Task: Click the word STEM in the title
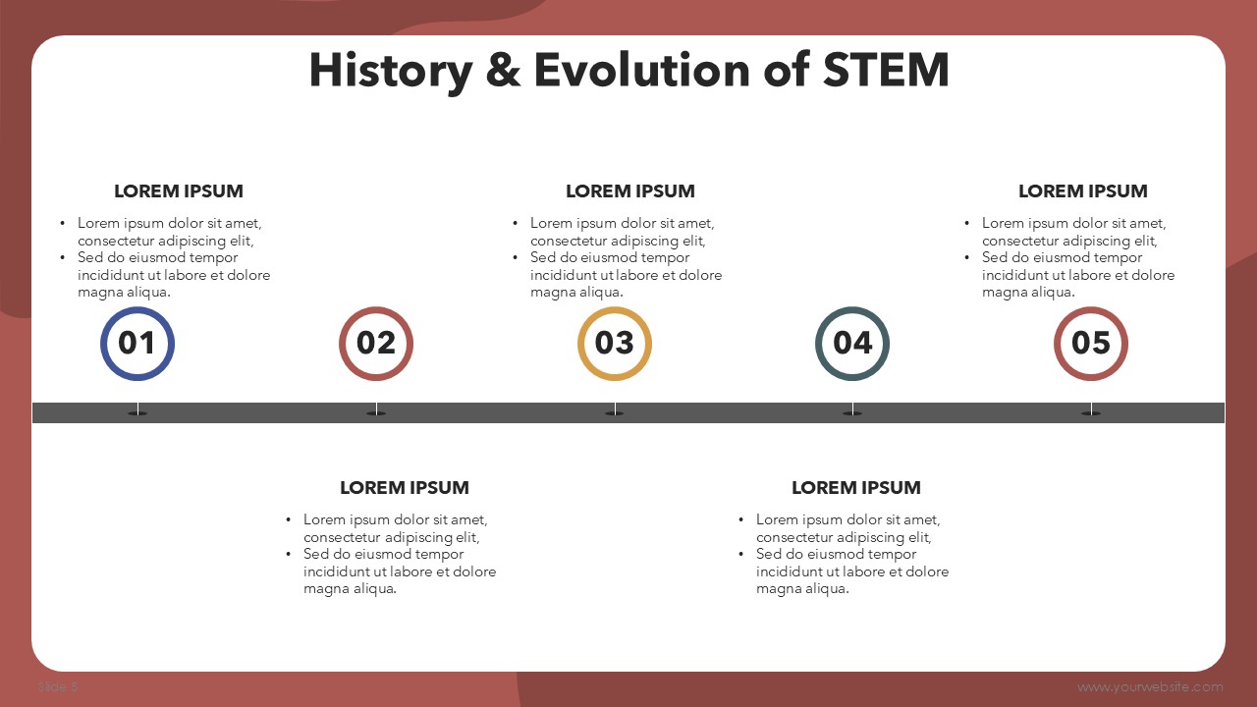886,70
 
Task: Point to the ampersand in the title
503,70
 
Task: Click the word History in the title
391,73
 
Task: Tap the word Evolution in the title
642,70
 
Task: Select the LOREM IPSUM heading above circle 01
179,191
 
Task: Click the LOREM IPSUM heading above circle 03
630,191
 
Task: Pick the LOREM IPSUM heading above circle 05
1083,191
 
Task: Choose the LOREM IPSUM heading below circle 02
405,488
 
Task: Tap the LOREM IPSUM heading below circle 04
856,488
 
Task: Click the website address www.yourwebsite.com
1150,686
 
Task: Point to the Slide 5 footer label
58,686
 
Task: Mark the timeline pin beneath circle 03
615,409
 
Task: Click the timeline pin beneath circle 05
1091,409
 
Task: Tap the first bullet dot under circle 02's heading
289,520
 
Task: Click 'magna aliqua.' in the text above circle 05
1028,293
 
